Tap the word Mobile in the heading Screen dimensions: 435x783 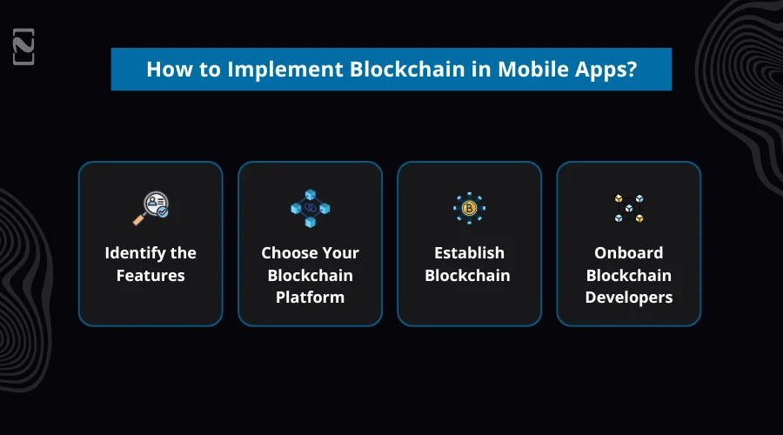click(531, 70)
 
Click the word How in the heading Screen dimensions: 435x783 click(165, 70)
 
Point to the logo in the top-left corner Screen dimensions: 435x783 click(24, 48)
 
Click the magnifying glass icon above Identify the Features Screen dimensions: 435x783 click(151, 208)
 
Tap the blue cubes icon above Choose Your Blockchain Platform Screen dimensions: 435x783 click(310, 209)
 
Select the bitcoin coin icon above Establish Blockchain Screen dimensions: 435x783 click(469, 208)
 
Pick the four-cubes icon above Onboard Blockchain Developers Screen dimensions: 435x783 click(628, 208)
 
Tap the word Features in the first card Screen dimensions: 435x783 click(151, 276)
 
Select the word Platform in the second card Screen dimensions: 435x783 click(310, 298)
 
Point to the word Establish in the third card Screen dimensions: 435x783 click(469, 253)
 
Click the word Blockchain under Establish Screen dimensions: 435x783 click(469, 276)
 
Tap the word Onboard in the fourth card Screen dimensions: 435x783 click(628, 253)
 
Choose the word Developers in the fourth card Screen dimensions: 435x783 click(628, 298)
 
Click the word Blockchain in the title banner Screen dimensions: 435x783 click(412, 70)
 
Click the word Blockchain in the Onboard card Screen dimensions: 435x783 click(628, 276)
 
